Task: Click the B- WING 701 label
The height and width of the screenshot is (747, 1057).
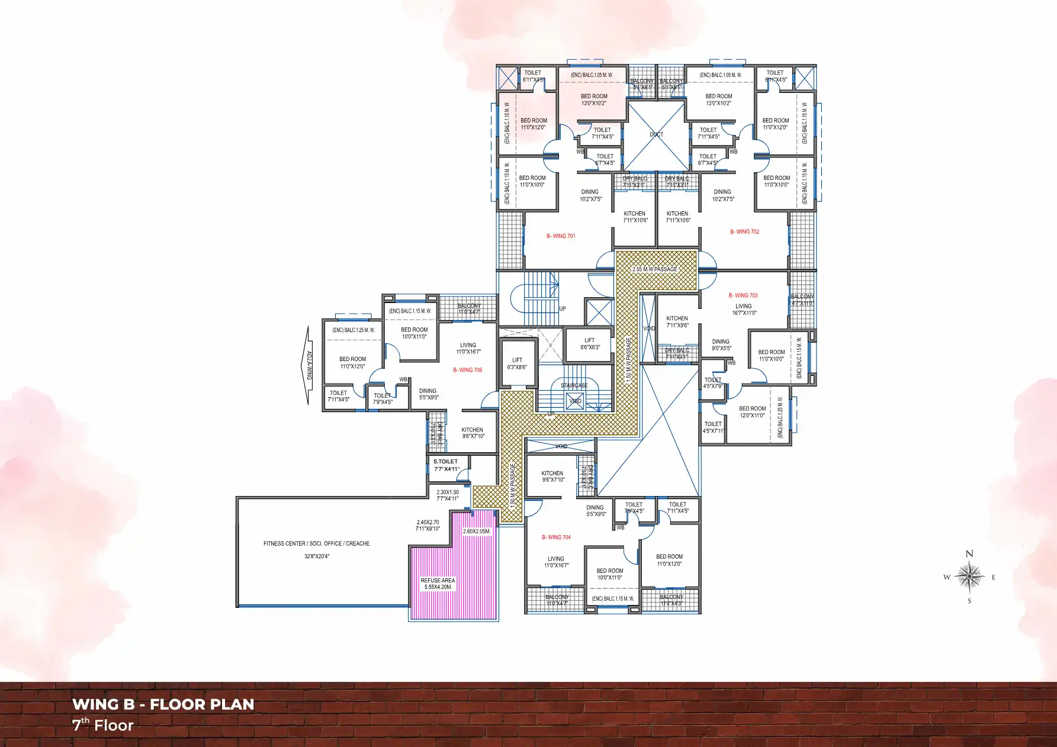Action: click(x=560, y=236)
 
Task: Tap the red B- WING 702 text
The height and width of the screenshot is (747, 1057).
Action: click(x=744, y=231)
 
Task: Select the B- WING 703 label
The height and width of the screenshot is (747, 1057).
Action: click(x=743, y=295)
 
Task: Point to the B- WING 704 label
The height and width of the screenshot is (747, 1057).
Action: click(x=556, y=537)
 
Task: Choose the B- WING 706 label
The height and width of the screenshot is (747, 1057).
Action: click(x=467, y=370)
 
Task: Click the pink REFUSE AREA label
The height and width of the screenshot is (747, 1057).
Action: click(x=438, y=584)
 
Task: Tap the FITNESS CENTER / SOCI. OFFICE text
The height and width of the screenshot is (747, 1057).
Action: click(x=316, y=543)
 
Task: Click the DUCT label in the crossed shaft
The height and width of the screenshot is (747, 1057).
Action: click(x=656, y=134)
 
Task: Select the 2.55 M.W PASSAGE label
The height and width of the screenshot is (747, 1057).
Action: click(x=654, y=269)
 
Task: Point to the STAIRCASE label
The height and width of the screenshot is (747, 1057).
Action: click(x=574, y=385)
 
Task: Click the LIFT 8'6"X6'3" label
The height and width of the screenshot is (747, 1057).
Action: click(x=590, y=344)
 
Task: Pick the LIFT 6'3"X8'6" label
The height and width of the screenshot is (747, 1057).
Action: click(x=517, y=363)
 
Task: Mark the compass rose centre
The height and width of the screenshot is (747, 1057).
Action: click(x=969, y=577)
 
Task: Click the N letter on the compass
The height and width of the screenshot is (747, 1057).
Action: click(x=969, y=554)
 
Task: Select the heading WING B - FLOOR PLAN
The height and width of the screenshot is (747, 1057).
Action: click(x=163, y=704)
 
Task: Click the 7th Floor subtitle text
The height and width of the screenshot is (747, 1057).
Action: click(x=103, y=725)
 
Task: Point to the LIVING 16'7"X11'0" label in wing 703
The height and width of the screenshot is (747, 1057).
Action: click(x=744, y=310)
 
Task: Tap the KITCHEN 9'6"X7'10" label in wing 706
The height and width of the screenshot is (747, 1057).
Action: click(x=473, y=433)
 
